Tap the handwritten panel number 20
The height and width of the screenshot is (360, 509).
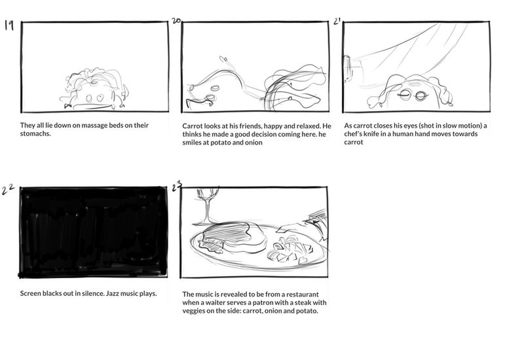176,21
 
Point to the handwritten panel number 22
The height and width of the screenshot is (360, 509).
9,190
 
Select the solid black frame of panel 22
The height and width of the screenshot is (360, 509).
93,232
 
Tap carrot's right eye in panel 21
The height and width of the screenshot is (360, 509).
422,96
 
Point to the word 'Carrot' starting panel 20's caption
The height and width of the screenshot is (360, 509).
194,125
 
